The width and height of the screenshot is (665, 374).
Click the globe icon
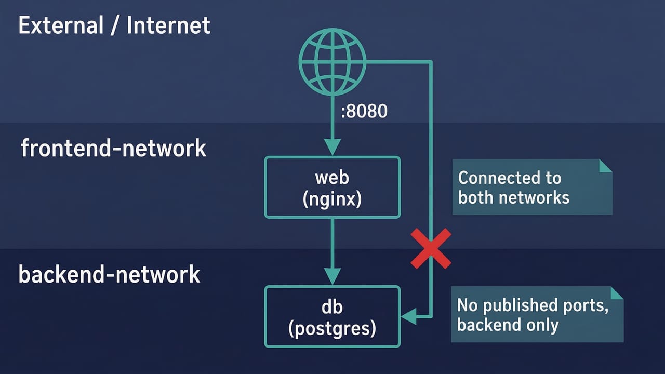[332, 62]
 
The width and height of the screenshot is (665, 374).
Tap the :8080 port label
[364, 111]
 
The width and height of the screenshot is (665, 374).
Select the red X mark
[431, 249]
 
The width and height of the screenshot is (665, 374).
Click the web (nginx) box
[332, 188]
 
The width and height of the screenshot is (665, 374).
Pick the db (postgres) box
[332, 316]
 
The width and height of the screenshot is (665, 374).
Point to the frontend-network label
[113, 149]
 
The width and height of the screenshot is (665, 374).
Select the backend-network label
[109, 274]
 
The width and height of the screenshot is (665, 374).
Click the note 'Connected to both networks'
[533, 187]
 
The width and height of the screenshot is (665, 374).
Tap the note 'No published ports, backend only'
[537, 314]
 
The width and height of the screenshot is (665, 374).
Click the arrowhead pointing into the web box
[332, 146]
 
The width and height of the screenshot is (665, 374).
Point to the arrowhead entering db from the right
[409, 316]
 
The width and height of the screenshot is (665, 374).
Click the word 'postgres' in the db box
[332, 328]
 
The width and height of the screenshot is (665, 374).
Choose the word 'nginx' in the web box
[332, 199]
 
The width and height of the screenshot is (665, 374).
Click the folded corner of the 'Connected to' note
[605, 166]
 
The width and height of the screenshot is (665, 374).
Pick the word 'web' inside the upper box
[332, 178]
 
